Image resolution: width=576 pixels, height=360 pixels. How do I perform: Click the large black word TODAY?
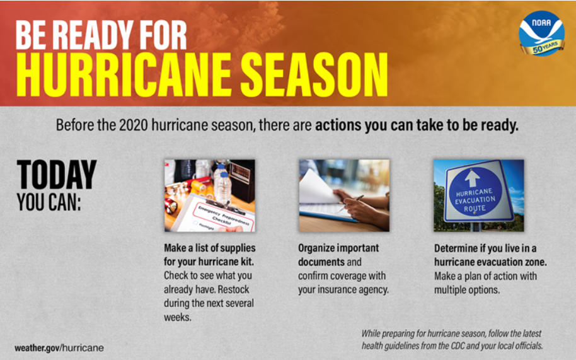point(57,175)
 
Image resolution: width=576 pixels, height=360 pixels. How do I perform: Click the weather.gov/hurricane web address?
point(59,347)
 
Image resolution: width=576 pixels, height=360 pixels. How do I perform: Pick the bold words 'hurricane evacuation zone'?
point(490,262)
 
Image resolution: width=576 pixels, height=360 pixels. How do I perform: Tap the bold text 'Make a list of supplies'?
point(210,248)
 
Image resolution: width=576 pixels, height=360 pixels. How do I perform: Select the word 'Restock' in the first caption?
point(238,290)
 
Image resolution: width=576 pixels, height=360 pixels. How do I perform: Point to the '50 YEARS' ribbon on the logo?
point(546,47)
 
